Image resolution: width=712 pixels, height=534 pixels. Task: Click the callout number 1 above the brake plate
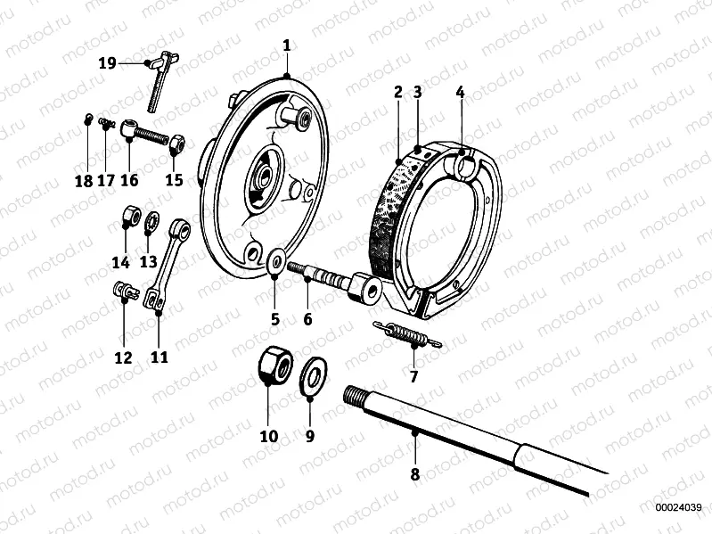click(286, 45)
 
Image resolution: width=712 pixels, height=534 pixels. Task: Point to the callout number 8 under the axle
click(414, 474)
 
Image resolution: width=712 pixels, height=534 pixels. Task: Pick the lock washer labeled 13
click(151, 219)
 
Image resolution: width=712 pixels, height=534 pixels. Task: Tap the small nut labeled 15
click(176, 142)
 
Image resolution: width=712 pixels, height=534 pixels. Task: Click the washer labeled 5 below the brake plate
click(275, 261)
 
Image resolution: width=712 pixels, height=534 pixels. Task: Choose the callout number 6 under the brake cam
click(307, 318)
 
